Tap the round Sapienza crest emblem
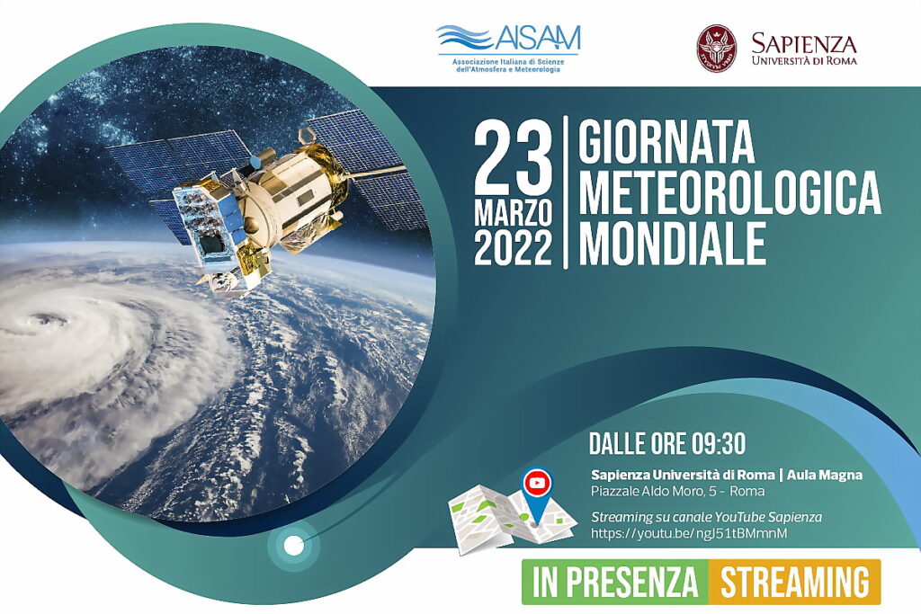(717, 49)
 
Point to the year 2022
(514, 248)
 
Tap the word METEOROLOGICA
(730, 192)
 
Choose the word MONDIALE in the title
(673, 243)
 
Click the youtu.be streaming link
(689, 534)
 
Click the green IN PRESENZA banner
(615, 582)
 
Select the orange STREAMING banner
(795, 582)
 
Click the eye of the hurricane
(42, 321)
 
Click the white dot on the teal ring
(293, 547)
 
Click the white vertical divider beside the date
(566, 192)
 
